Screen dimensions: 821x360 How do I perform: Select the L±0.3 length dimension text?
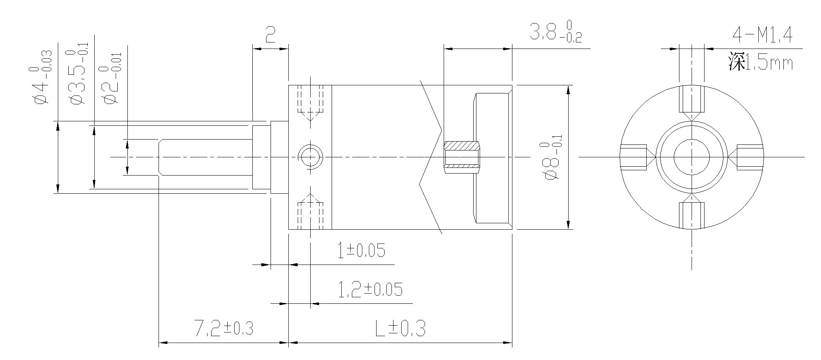(400, 328)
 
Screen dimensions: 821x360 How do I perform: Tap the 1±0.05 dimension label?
(361, 250)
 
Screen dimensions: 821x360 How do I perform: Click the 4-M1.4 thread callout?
(762, 35)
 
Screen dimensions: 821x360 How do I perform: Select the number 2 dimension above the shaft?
(270, 35)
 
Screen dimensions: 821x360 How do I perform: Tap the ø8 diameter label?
(552, 161)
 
